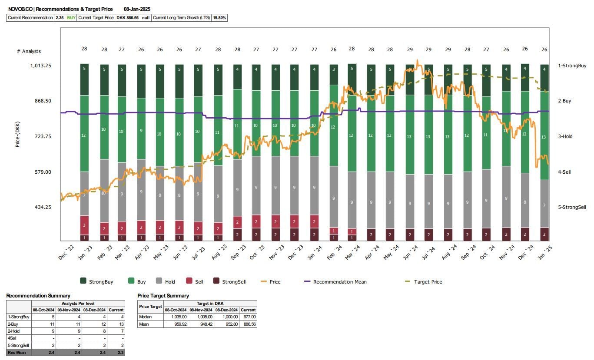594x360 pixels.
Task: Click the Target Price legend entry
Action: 428,282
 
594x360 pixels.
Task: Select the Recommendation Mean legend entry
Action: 339,282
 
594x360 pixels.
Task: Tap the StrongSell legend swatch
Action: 216,281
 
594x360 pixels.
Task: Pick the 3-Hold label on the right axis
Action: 565,136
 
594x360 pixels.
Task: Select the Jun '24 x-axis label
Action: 411,252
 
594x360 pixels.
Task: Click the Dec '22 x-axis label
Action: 66,252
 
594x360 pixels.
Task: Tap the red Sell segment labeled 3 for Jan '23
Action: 84,225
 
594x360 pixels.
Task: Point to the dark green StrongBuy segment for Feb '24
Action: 334,75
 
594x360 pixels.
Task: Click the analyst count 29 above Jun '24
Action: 410,49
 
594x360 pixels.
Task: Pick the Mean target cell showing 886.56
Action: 248,324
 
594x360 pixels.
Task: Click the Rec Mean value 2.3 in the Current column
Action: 116,352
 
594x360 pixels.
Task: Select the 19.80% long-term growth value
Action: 219,18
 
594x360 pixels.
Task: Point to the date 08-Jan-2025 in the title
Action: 137,9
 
